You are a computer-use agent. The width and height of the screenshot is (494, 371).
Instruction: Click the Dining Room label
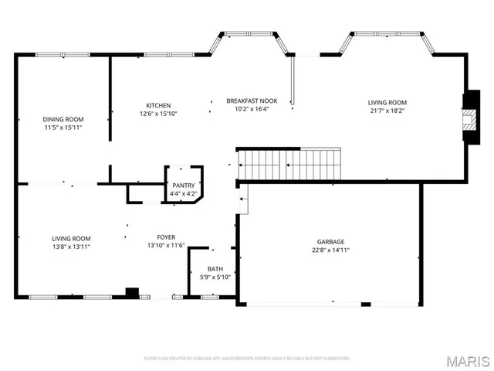tap(63, 119)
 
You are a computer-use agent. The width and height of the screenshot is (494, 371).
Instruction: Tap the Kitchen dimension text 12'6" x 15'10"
tap(158, 114)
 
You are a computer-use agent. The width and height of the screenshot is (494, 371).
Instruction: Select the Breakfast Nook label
tap(252, 100)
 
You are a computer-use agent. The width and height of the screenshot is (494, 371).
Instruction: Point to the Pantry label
tap(183, 185)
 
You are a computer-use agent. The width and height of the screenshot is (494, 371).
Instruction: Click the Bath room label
tap(215, 269)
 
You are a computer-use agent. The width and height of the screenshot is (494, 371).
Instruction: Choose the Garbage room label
tap(330, 241)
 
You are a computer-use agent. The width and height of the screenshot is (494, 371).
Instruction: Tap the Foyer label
tap(166, 238)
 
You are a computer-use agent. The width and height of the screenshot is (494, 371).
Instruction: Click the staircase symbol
tap(289, 164)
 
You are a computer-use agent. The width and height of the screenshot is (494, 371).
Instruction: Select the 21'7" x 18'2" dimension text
tap(387, 111)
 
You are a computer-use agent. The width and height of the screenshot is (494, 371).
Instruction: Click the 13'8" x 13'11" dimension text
tap(72, 247)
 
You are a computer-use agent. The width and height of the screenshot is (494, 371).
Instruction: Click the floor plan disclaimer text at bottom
tap(247, 359)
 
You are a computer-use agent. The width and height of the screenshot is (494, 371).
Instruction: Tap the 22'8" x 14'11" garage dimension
tap(330, 250)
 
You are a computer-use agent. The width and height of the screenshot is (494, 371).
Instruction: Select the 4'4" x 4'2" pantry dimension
tap(183, 194)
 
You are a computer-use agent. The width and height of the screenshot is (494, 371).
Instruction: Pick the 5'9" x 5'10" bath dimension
tap(215, 277)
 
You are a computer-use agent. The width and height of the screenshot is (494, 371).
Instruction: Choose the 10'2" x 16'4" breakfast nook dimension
tap(252, 109)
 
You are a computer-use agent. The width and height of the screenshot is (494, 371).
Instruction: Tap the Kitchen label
tap(158, 106)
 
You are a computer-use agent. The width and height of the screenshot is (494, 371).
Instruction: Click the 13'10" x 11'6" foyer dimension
tap(166, 246)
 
